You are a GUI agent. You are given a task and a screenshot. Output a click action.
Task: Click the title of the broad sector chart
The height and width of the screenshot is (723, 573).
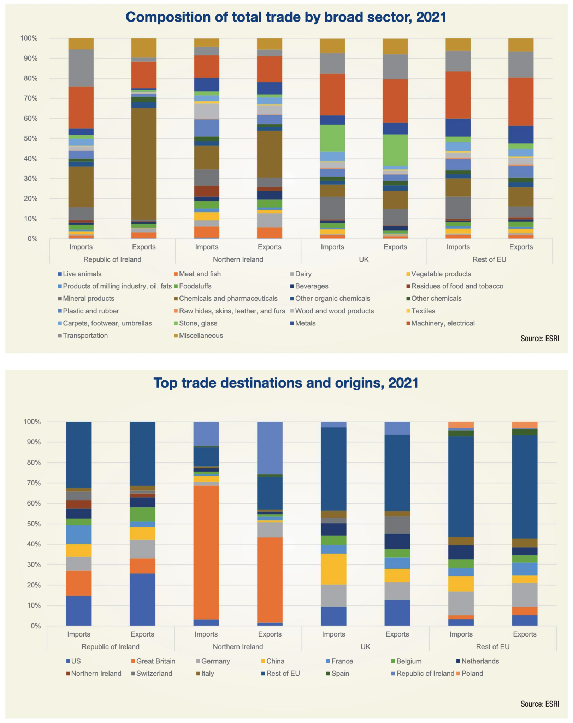click(286, 17)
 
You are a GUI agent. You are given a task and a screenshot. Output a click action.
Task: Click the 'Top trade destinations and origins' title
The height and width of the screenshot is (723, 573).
click(286, 383)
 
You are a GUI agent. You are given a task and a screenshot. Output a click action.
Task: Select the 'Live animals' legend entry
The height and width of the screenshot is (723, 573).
click(82, 274)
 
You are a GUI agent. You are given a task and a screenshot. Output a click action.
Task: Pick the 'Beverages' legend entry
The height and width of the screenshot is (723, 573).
click(312, 286)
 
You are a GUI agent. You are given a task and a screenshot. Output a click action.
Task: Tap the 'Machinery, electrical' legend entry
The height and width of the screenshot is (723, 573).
click(443, 323)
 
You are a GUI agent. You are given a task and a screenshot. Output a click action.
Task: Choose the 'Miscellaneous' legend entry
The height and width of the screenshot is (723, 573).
click(201, 336)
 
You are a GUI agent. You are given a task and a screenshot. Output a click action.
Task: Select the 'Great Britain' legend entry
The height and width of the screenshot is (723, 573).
click(155, 661)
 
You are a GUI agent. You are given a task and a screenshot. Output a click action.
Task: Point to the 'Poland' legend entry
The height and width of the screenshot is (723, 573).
click(472, 673)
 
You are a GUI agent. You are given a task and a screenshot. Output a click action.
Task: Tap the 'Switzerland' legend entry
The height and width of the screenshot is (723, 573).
click(154, 673)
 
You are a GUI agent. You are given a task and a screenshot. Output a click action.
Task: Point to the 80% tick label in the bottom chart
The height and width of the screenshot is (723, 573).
click(32, 462)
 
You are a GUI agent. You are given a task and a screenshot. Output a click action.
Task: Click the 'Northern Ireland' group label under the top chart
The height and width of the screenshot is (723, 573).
click(238, 259)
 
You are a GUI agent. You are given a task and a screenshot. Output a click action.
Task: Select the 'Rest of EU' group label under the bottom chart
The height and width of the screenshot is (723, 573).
click(492, 646)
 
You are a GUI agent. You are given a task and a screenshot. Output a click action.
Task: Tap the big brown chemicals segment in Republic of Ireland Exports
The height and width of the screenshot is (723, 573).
click(144, 162)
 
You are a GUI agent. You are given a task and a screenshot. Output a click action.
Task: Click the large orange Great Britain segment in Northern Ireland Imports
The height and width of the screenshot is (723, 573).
click(206, 551)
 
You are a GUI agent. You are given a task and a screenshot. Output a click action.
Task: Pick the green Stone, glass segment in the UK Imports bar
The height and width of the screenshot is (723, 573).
click(332, 138)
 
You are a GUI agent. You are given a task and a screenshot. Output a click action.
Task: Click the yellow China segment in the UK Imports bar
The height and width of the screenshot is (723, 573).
click(333, 569)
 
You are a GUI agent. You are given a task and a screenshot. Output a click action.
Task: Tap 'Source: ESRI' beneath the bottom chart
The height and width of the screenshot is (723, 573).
click(539, 704)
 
